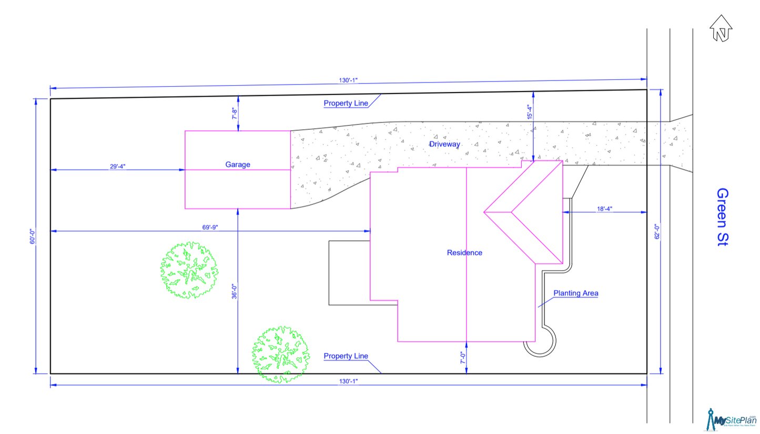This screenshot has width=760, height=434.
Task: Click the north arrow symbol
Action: click(721, 28)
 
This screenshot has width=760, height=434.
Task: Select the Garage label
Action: click(238, 164)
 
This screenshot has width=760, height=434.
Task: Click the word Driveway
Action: click(445, 144)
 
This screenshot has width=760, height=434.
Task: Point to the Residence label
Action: click(464, 253)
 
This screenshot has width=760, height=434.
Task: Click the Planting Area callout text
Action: click(576, 293)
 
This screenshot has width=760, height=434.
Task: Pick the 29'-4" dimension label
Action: click(118, 166)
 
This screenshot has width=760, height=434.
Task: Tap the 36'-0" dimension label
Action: click(235, 292)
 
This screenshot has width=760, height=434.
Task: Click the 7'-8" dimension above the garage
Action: click(235, 113)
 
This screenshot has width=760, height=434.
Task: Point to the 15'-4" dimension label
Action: click(530, 112)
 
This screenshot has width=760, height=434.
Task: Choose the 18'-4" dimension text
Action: click(604, 209)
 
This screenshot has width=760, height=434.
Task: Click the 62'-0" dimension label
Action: click(657, 232)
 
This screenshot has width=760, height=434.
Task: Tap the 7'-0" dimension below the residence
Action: click(463, 358)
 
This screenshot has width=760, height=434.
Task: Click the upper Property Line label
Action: click(346, 104)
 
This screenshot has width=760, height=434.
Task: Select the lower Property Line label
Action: click(346, 356)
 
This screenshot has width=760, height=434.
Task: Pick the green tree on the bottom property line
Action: click(280, 354)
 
